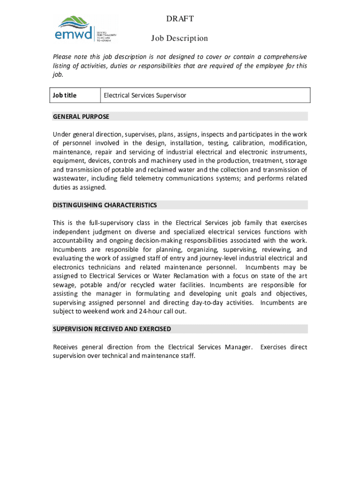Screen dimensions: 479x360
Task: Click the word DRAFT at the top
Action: click(x=180, y=19)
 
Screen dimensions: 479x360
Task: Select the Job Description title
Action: click(x=180, y=38)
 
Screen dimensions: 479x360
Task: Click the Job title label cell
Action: click(x=65, y=95)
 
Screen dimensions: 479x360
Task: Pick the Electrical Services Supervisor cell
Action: click(x=145, y=95)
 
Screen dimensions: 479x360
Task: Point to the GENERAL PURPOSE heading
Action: click(x=81, y=116)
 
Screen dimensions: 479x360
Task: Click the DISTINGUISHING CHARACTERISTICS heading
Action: click(x=105, y=205)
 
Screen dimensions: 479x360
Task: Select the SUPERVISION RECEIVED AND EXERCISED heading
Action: click(x=112, y=329)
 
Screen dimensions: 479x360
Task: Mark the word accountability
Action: click(x=74, y=240)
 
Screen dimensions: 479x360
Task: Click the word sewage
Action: click(x=64, y=285)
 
